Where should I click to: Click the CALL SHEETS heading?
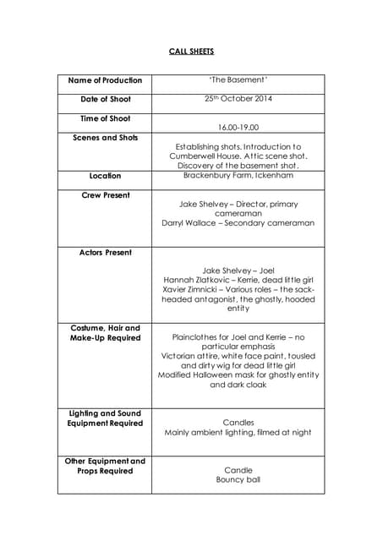(191, 52)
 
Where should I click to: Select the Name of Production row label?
(105, 80)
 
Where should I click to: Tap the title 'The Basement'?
(238, 80)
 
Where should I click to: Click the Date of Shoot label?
(105, 100)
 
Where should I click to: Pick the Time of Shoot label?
(105, 118)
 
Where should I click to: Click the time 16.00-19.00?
(238, 127)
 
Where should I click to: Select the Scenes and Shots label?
(105, 137)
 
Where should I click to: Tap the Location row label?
(105, 176)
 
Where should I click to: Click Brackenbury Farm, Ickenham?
(238, 176)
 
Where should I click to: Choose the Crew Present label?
(105, 195)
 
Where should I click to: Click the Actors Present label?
(105, 252)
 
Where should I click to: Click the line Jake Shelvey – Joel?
(238, 270)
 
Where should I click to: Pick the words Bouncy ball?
(238, 479)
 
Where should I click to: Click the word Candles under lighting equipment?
(238, 423)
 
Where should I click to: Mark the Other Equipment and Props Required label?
(105, 466)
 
